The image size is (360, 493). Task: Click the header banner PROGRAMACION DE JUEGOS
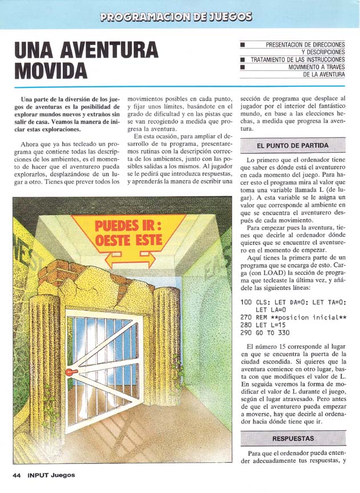click(176, 17)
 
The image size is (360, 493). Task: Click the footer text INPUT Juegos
click(51, 475)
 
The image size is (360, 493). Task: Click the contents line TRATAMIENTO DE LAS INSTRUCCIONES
click(297, 59)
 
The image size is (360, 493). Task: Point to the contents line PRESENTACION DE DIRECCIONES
click(305, 44)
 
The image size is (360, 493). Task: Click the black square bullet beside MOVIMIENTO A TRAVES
click(242, 67)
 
